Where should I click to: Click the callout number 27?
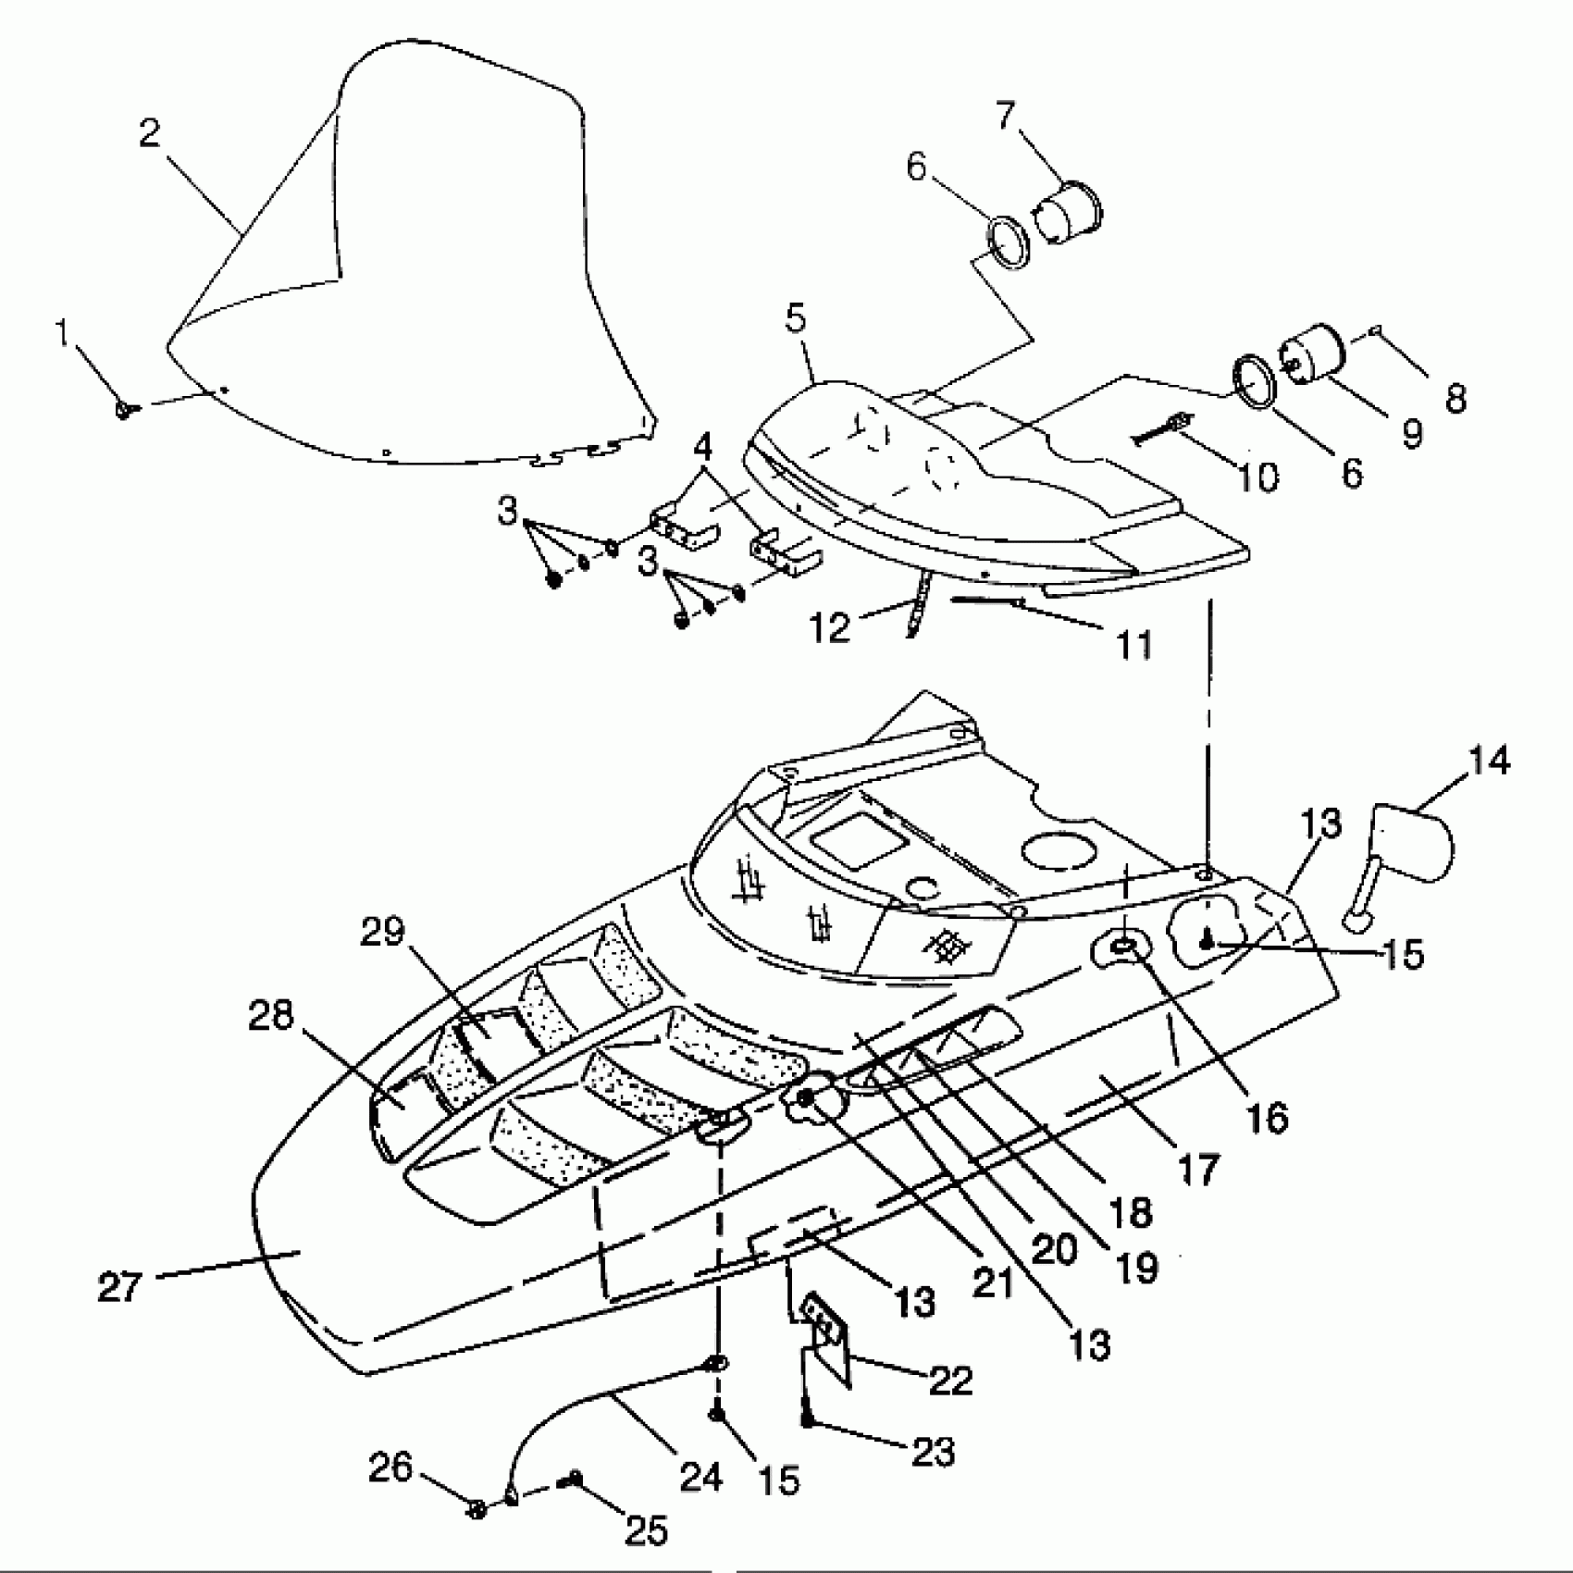[119, 1286]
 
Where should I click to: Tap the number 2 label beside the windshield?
[150, 134]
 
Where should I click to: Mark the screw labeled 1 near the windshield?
[125, 408]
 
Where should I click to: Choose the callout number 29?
[383, 933]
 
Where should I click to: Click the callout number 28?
[270, 1016]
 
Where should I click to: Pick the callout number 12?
[829, 627]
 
